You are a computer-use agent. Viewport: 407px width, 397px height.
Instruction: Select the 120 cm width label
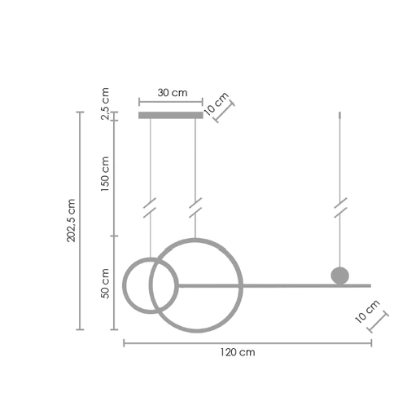click(x=238, y=353)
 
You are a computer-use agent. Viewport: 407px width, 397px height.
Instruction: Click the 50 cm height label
click(x=104, y=282)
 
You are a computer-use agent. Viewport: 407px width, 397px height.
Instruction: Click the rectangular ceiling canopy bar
click(x=170, y=116)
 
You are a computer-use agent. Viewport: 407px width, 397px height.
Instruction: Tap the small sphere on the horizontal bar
click(x=339, y=276)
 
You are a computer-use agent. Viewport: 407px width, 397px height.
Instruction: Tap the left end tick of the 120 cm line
click(x=123, y=343)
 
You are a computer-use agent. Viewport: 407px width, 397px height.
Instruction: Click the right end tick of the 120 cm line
click(x=371, y=343)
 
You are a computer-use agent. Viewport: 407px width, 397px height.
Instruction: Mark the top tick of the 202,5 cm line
click(x=80, y=112)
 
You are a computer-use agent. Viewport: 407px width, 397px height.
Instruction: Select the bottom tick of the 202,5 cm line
click(x=80, y=329)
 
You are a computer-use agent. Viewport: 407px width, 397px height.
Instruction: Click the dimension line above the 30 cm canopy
click(x=170, y=103)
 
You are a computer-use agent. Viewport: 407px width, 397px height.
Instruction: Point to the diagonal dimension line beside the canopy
click(x=225, y=112)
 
